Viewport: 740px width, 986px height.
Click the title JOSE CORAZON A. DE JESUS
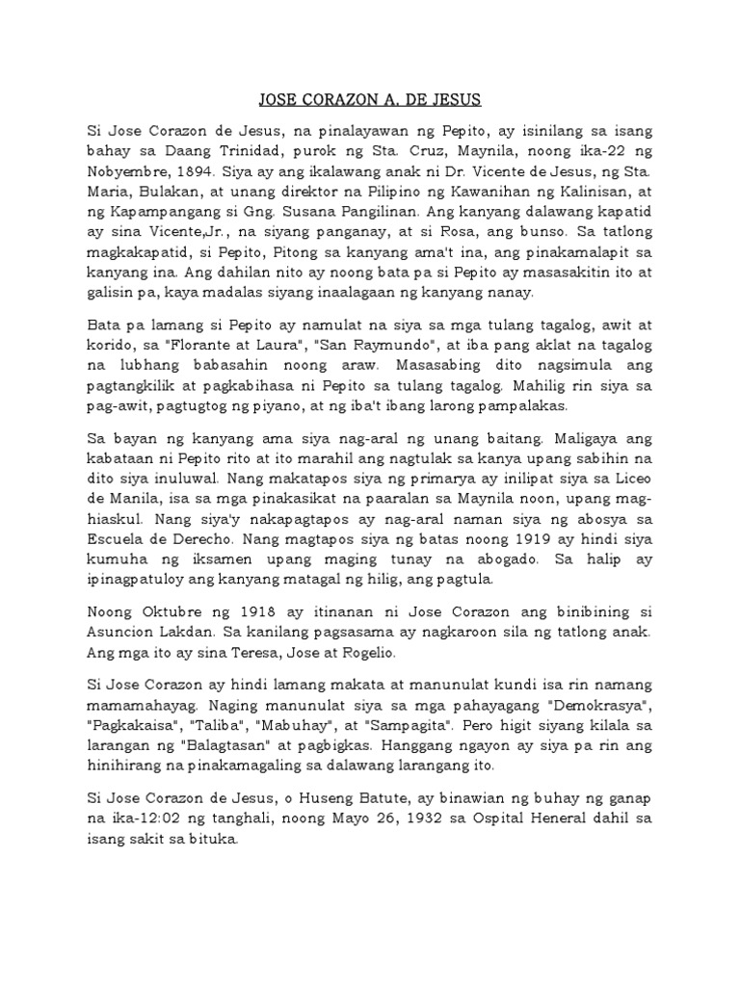click(370, 99)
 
